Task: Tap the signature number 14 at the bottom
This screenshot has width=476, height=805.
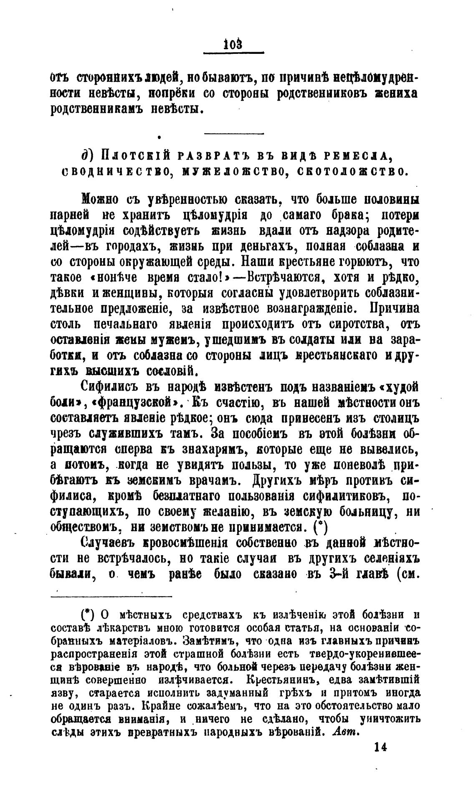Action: (381, 747)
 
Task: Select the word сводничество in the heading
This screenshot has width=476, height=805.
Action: (115, 172)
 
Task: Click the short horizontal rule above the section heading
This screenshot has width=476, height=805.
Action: (234, 134)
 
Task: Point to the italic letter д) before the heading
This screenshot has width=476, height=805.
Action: (86, 155)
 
